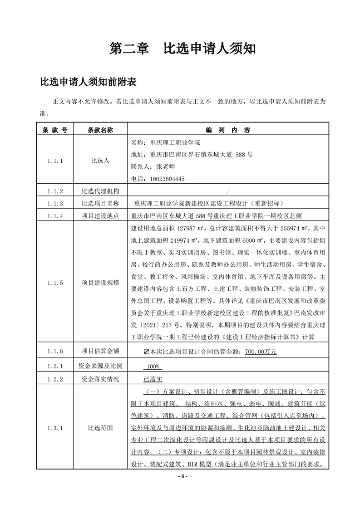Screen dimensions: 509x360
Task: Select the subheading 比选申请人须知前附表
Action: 88,83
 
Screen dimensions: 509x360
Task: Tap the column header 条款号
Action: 54,130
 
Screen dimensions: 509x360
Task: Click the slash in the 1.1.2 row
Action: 227,191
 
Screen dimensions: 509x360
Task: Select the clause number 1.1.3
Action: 54,203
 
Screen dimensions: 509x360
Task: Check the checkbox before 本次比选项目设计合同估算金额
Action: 146,351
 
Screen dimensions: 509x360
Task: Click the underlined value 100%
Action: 152,366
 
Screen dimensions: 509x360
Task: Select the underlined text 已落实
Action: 153,378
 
